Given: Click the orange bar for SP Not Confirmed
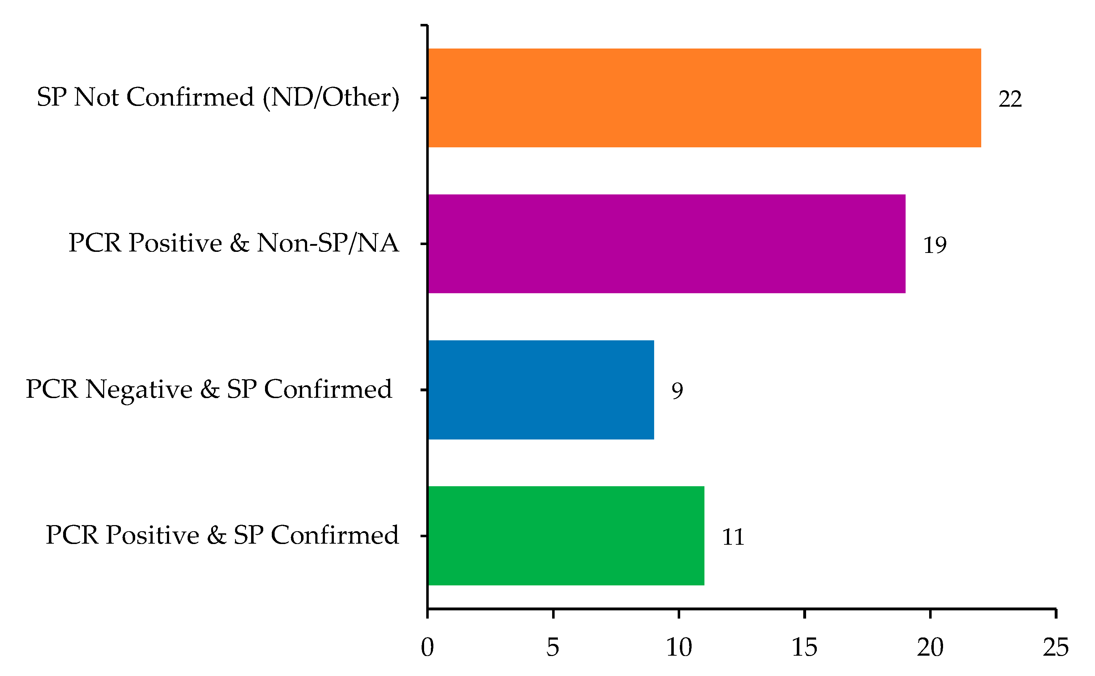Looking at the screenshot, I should (x=704, y=98).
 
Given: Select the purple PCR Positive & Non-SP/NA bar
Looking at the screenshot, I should (x=666, y=244).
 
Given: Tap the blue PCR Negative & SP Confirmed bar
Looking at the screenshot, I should (x=541, y=390).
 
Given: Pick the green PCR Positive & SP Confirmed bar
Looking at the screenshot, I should (x=566, y=535).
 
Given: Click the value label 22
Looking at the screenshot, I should (x=1010, y=99).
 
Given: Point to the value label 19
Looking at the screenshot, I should (x=934, y=245).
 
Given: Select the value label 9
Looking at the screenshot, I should (x=677, y=391).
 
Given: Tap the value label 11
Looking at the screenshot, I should (x=733, y=537).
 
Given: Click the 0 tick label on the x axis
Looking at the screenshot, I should (x=427, y=647).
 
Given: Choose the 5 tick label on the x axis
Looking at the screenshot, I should (x=553, y=647).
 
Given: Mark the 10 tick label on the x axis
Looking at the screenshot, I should (x=678, y=647).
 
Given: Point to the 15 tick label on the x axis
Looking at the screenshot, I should (x=804, y=647).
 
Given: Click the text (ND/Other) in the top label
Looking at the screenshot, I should (x=331, y=97).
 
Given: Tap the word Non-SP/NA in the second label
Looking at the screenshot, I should (x=327, y=243).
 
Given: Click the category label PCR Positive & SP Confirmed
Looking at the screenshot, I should (x=222, y=535).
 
